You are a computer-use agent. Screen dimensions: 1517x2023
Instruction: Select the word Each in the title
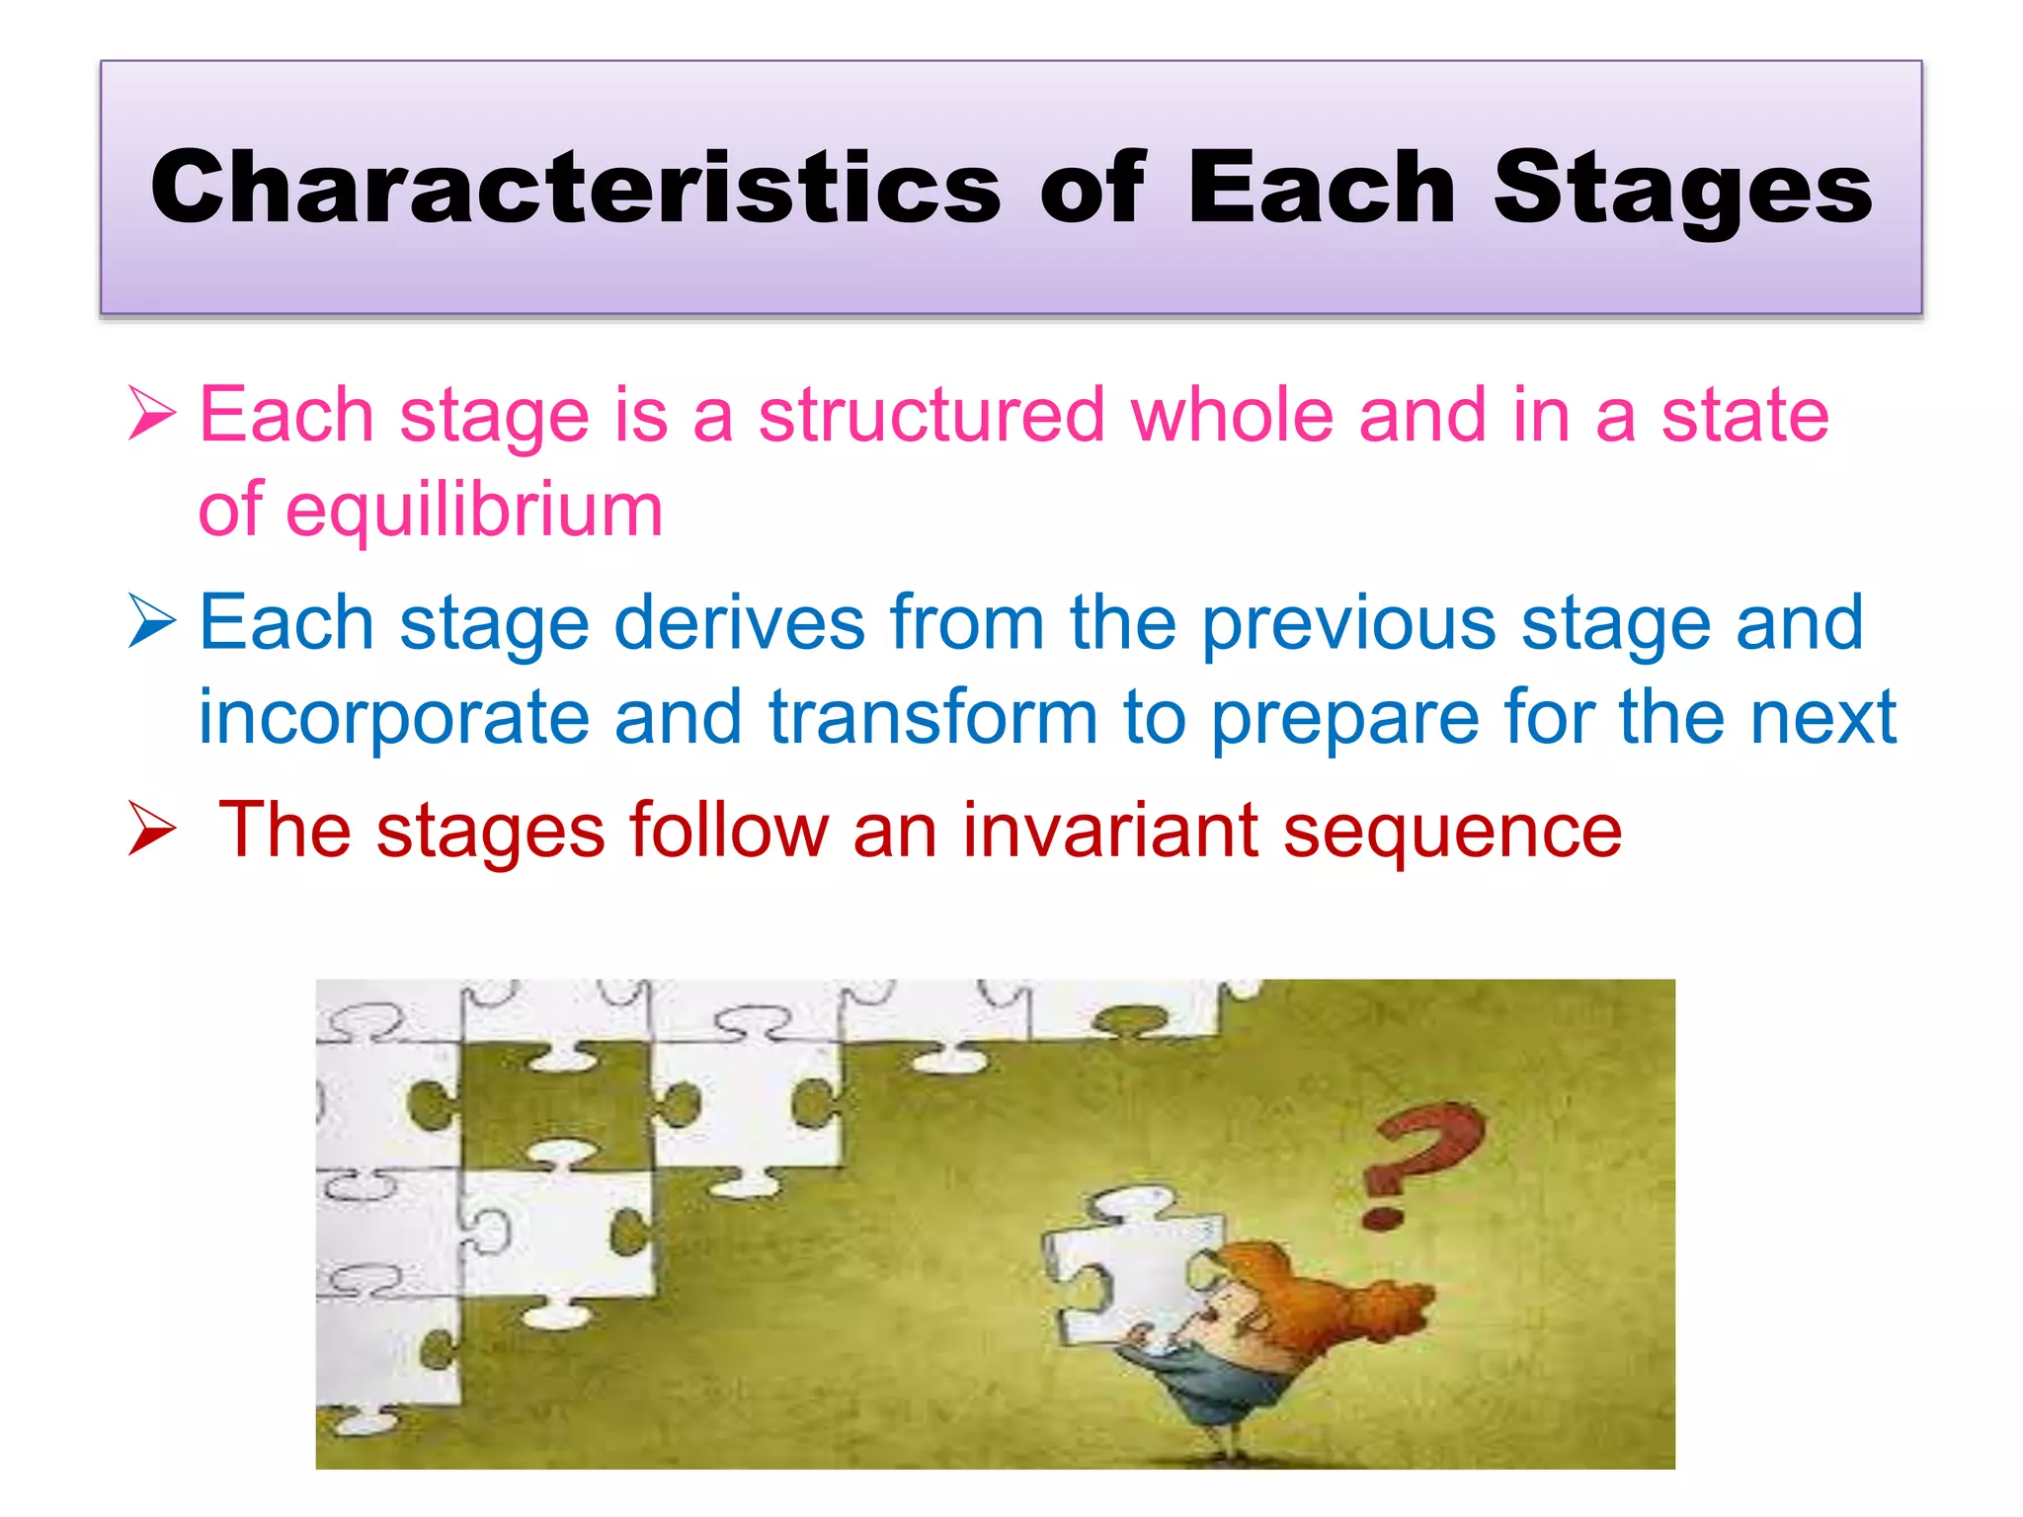1321,188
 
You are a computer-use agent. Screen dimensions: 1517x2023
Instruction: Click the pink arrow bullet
152,414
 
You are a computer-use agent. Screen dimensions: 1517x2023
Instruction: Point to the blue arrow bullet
152,623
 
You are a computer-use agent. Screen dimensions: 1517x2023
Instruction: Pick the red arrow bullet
152,831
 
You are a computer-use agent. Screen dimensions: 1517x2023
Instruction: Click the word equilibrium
474,511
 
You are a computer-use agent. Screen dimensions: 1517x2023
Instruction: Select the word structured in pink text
931,415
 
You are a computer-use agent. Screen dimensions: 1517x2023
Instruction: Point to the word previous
1348,623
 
